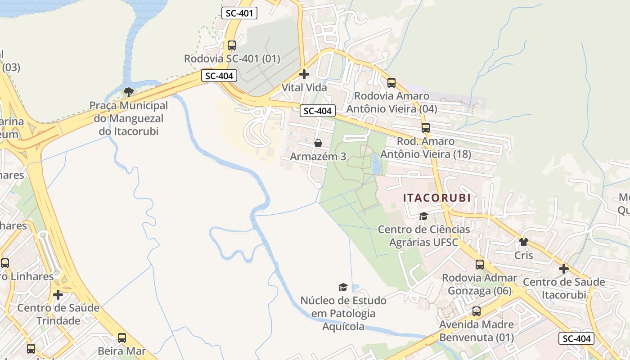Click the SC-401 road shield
tap(239, 13)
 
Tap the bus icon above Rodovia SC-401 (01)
tap(232, 45)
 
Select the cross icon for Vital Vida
tap(304, 74)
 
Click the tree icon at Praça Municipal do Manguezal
tap(128, 92)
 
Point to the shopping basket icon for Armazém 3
tap(318, 143)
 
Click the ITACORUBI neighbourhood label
tap(436, 198)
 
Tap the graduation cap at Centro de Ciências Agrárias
tap(423, 216)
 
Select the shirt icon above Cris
tap(523, 242)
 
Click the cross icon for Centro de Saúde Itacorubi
tap(564, 269)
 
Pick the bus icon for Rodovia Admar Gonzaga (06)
tap(480, 265)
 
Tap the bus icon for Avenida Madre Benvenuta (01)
tap(477, 311)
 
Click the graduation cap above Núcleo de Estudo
tap(343, 287)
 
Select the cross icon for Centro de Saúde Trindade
tap(58, 295)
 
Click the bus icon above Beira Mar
tap(121, 338)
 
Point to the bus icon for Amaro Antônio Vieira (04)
tap(391, 83)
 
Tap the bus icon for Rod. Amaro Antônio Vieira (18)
tap(426, 128)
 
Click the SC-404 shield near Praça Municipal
tap(219, 76)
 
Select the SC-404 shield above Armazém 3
tap(318, 111)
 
